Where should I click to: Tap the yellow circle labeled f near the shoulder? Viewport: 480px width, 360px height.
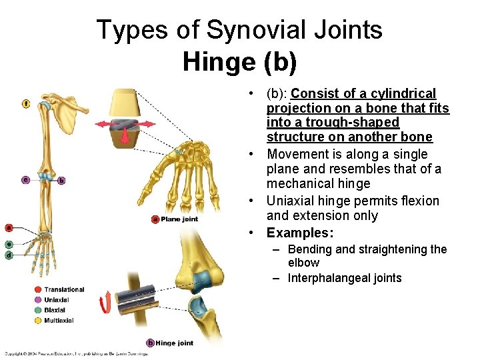click(26, 103)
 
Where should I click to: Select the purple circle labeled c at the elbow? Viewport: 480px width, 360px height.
click(25, 179)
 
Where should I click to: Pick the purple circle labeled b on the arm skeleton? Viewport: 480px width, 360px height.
click(61, 180)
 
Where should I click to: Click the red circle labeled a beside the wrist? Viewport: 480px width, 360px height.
click(9, 227)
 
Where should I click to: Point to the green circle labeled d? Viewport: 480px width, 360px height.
click(9, 255)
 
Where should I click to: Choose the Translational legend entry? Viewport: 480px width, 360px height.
click(64, 289)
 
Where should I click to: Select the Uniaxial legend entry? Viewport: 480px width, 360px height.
click(57, 300)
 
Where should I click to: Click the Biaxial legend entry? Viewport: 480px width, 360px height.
click(55, 310)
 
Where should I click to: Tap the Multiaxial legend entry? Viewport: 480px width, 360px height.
click(59, 321)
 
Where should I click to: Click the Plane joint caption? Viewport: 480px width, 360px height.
click(179, 219)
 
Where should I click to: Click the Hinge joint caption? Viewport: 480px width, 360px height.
click(175, 343)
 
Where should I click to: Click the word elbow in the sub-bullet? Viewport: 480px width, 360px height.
click(303, 263)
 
